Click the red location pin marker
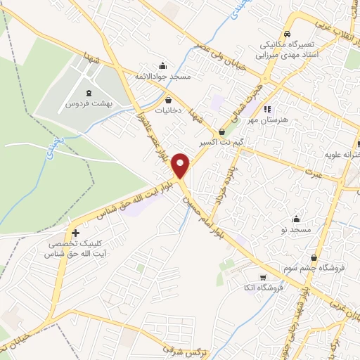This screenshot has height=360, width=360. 181,165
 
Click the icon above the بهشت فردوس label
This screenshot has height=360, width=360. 89,92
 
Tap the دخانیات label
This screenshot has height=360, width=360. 169,110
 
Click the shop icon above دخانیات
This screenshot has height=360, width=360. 169,100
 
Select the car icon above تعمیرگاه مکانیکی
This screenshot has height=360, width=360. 288,34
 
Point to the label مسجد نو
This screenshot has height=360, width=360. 297,230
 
